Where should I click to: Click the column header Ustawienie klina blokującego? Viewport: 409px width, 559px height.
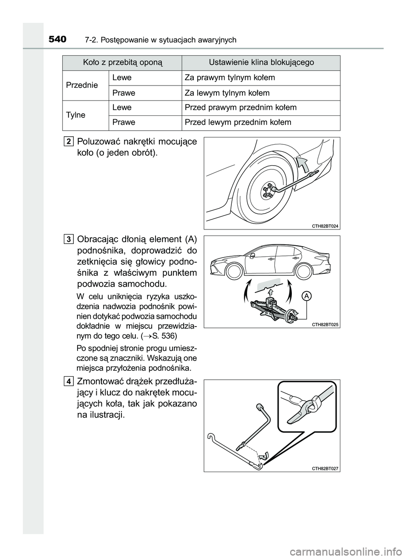click(261, 63)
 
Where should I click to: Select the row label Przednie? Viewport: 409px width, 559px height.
click(82, 85)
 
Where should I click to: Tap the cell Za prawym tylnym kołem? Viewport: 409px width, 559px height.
click(230, 77)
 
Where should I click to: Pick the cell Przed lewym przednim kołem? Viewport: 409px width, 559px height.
click(238, 122)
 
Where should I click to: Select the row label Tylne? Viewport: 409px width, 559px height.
click(76, 115)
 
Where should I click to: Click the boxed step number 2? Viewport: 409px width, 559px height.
click(69, 141)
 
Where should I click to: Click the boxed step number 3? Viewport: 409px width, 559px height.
click(69, 239)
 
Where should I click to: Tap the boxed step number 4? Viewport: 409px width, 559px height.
click(69, 381)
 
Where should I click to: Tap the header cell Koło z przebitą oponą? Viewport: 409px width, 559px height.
click(122, 63)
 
